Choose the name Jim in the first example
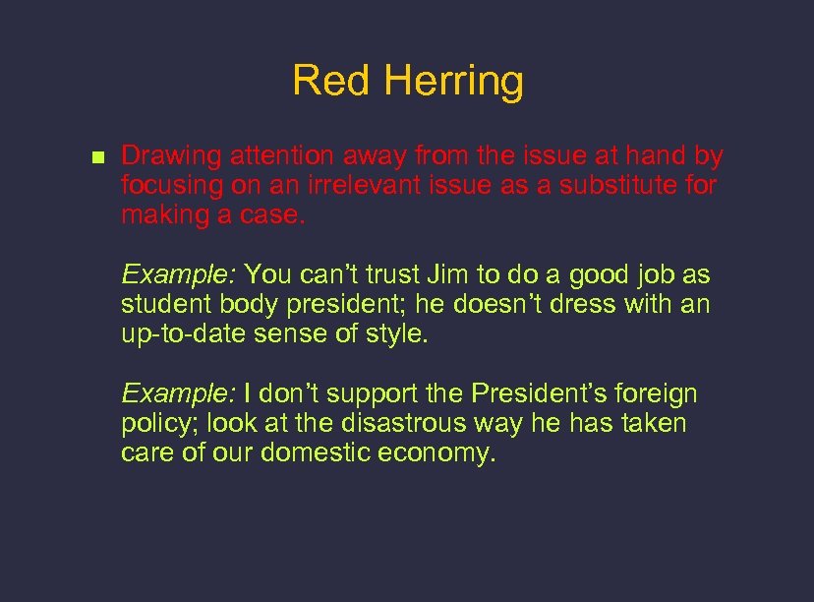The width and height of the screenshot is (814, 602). pos(447,275)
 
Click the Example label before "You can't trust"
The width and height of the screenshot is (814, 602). pos(178,275)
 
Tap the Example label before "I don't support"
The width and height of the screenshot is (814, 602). pos(178,395)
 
